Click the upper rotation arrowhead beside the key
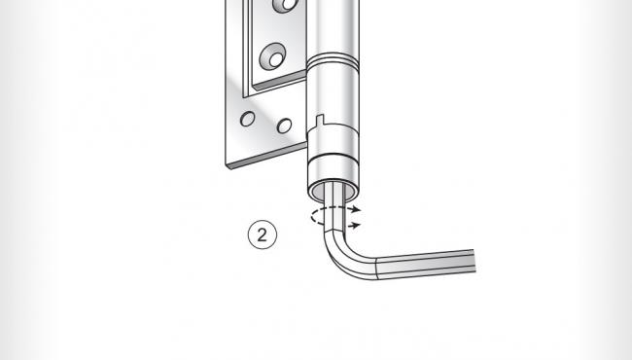[357, 208]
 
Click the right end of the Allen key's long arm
[473, 260]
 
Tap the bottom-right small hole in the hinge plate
[284, 126]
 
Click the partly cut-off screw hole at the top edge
[286, 5]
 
